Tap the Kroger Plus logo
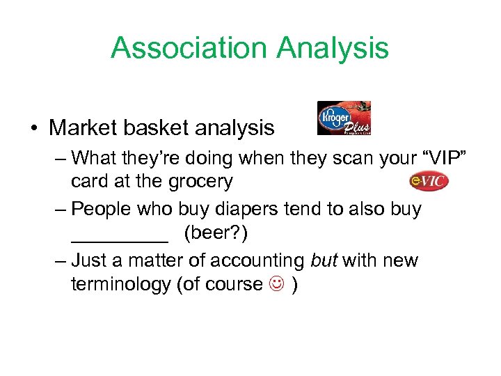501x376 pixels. coord(344,118)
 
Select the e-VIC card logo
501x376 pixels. coord(429,181)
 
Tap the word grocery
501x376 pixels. coord(196,182)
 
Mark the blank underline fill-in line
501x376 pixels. coord(120,240)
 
